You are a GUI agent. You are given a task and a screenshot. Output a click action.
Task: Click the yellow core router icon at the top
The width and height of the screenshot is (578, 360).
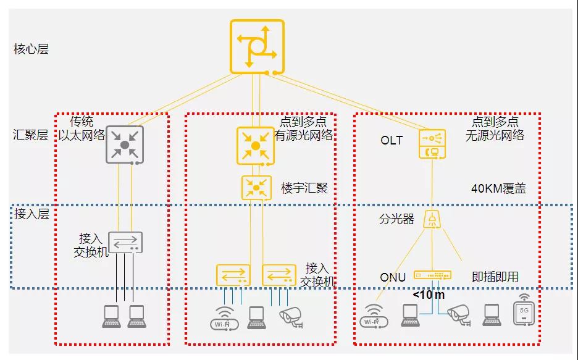(257, 46)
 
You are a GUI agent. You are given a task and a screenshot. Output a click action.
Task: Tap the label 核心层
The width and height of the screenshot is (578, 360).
(31, 49)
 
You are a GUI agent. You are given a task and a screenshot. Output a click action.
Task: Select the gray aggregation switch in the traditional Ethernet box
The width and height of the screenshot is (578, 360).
(125, 144)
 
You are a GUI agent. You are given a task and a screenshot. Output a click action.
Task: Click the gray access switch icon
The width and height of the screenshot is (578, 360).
(125, 243)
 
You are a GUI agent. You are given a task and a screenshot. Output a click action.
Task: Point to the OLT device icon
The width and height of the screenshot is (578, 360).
(432, 144)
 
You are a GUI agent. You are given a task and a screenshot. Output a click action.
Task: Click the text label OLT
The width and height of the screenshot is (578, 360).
(392, 141)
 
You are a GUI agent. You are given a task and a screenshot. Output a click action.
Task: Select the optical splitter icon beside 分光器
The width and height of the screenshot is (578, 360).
(432, 219)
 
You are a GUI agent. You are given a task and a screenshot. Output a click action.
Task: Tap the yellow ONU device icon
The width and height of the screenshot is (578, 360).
(432, 274)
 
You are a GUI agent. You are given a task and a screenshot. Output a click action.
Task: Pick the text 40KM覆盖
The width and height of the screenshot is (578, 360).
(498, 190)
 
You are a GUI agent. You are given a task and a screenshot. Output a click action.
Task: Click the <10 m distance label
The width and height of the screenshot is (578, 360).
(429, 295)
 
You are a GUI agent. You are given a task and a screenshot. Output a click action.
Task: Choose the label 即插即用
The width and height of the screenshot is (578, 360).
(495, 277)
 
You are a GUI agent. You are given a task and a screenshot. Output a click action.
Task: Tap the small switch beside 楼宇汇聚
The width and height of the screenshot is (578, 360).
(256, 186)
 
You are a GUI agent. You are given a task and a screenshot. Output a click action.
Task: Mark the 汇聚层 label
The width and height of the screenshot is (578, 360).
(31, 135)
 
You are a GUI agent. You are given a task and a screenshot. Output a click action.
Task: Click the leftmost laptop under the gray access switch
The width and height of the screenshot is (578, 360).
(111, 316)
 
